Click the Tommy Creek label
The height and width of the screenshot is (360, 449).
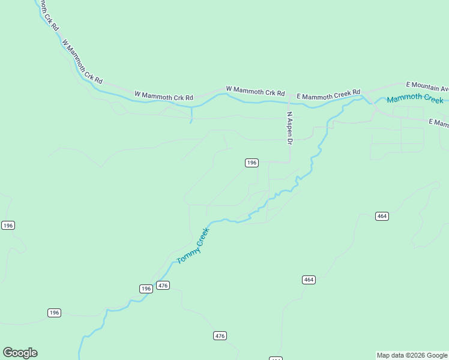click(193, 246)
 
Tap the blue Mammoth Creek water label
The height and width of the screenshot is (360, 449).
click(415, 99)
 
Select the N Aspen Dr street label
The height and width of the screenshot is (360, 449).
click(289, 128)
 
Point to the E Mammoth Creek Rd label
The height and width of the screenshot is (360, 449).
click(328, 94)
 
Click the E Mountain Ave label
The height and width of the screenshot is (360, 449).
click(427, 85)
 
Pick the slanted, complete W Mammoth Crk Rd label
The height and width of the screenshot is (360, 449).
click(82, 62)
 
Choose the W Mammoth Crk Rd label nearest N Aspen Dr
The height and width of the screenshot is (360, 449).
click(255, 91)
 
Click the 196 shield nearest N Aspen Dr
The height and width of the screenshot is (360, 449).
click(252, 163)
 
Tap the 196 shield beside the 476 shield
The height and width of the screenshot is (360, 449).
click(146, 289)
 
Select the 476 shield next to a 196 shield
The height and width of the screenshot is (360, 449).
click(163, 285)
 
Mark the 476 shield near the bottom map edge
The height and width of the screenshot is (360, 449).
click(220, 336)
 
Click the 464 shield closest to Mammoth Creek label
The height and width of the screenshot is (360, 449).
click(382, 216)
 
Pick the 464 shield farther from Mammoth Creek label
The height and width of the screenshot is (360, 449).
click(309, 280)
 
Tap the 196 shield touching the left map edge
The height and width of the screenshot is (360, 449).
click(7, 225)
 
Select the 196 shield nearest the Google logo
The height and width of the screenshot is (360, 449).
click(55, 313)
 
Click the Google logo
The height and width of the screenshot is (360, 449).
click(20, 353)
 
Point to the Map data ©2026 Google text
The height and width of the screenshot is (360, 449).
click(412, 355)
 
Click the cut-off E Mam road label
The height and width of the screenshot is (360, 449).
click(439, 123)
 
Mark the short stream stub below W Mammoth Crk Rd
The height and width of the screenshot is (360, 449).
click(191, 115)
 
